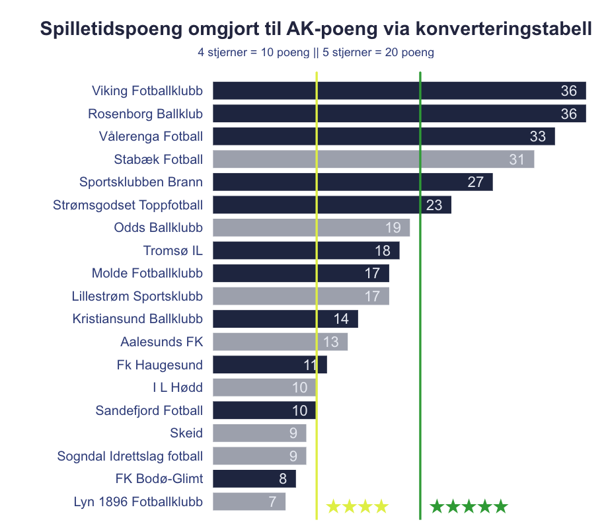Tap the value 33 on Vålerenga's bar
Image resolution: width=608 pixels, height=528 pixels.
[538, 137]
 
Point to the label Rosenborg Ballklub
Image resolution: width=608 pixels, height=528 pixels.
[145, 114]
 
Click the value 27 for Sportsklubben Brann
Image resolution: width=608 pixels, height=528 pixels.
[476, 182]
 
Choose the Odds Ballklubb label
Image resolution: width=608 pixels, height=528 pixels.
[159, 228]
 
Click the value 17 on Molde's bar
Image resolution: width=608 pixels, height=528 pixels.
[372, 274]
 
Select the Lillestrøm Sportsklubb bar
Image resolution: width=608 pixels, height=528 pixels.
[301, 296]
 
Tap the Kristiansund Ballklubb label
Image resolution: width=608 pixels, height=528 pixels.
[137, 319]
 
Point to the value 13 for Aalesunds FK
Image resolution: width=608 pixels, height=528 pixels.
[331, 342]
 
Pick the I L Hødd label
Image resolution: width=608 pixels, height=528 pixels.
[178, 388]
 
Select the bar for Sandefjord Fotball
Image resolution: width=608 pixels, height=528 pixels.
[264, 410]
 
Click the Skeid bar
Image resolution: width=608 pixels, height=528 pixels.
[259, 434]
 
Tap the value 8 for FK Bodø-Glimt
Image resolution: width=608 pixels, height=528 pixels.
[282, 479]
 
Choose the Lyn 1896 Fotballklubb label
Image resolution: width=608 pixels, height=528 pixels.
[138, 502]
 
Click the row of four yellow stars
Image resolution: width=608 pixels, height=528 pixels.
[357, 507]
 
